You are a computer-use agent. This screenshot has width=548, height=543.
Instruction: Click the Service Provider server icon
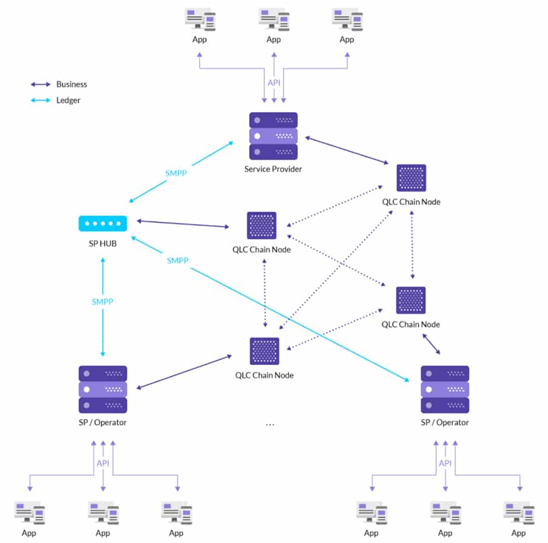click(273, 135)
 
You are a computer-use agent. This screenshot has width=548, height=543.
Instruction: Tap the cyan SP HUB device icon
click(103, 224)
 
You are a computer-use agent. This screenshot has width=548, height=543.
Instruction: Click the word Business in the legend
click(72, 84)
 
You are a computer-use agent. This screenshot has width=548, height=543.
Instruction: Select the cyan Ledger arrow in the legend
click(41, 100)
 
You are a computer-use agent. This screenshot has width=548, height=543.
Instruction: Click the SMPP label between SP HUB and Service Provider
click(176, 173)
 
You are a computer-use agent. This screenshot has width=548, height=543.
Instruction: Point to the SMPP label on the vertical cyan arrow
click(102, 302)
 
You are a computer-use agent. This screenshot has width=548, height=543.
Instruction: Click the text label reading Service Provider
click(273, 169)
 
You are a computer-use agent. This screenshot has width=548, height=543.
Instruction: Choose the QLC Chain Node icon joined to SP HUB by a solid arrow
click(262, 225)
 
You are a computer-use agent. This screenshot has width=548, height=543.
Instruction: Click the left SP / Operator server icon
click(103, 389)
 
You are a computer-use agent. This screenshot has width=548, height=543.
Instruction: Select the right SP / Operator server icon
click(445, 389)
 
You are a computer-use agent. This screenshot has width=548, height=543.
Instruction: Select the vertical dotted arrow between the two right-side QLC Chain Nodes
click(412, 244)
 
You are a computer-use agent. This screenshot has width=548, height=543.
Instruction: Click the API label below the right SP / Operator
click(445, 463)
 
